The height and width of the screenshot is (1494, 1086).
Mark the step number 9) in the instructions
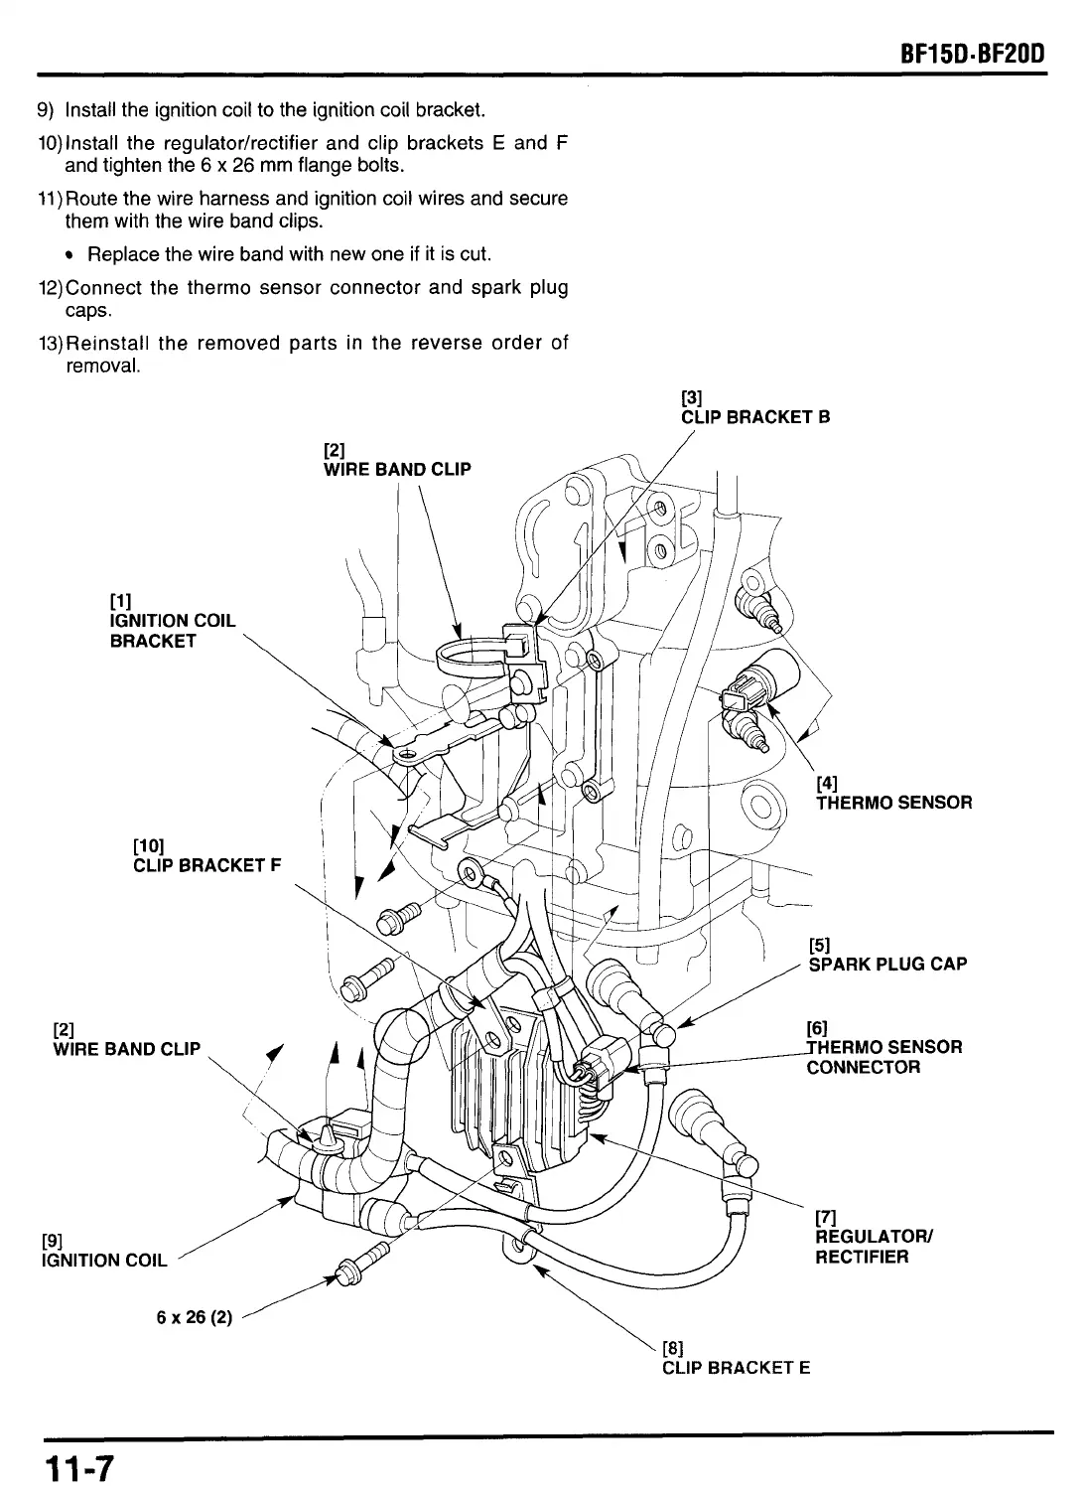coord(47,109)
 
